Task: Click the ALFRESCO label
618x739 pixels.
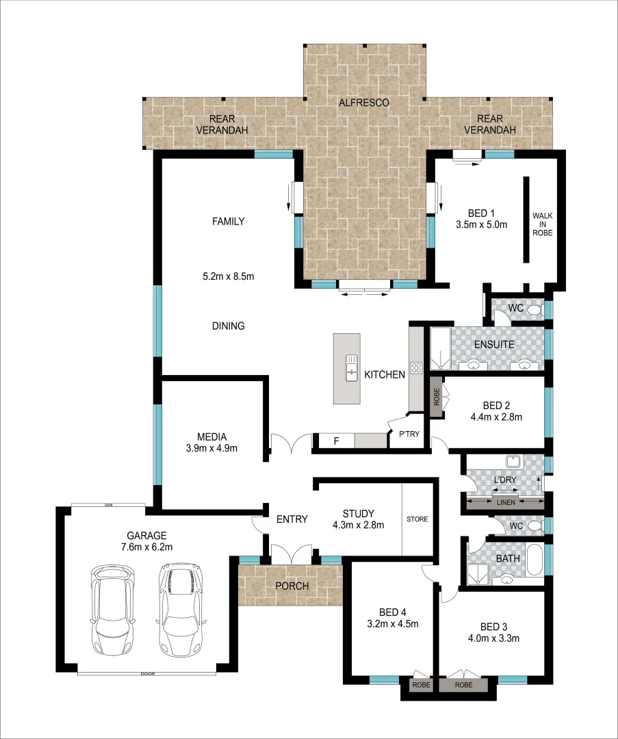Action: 363,103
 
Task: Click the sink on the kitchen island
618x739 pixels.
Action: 352,367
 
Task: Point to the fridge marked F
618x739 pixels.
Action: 336,441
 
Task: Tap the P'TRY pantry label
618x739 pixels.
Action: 409,434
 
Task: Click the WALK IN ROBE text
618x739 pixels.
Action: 542,224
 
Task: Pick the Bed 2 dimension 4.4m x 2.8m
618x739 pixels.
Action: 496,417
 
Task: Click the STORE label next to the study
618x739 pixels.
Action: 417,519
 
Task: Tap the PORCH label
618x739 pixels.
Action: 292,586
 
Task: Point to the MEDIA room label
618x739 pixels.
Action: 211,437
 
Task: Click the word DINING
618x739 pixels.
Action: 228,326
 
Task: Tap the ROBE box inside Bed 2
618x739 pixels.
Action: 437,398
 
